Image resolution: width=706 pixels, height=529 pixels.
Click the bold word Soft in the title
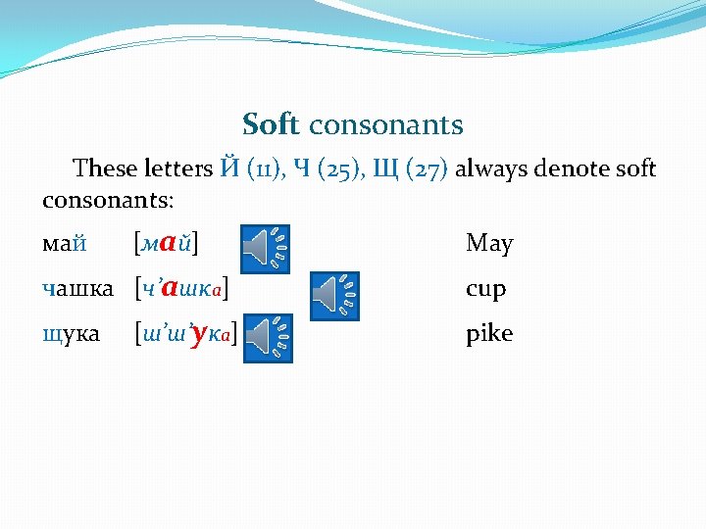270,125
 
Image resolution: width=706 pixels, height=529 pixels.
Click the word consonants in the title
385,125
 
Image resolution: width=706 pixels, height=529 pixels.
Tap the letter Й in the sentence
227,168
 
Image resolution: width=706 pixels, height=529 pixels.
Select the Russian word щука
71,334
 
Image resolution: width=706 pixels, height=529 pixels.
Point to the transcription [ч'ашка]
186,288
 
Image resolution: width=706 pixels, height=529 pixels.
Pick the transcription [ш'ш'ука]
185,334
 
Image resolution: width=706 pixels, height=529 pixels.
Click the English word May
489,244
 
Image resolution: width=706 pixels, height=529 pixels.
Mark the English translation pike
488,334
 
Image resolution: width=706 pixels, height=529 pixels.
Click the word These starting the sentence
105,168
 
